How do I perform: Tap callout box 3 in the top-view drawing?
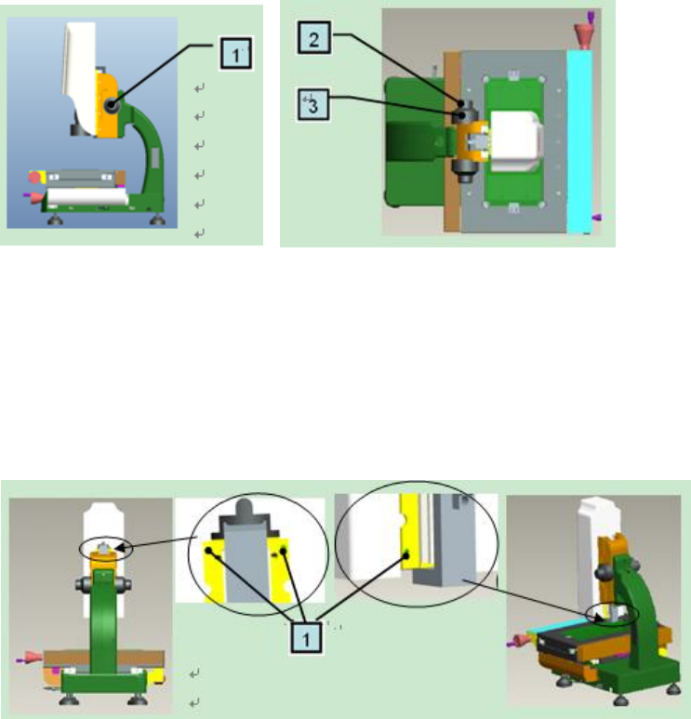(315, 105)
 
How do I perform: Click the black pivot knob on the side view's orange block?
(113, 109)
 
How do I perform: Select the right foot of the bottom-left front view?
(139, 699)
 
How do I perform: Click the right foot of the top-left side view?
(160, 220)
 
